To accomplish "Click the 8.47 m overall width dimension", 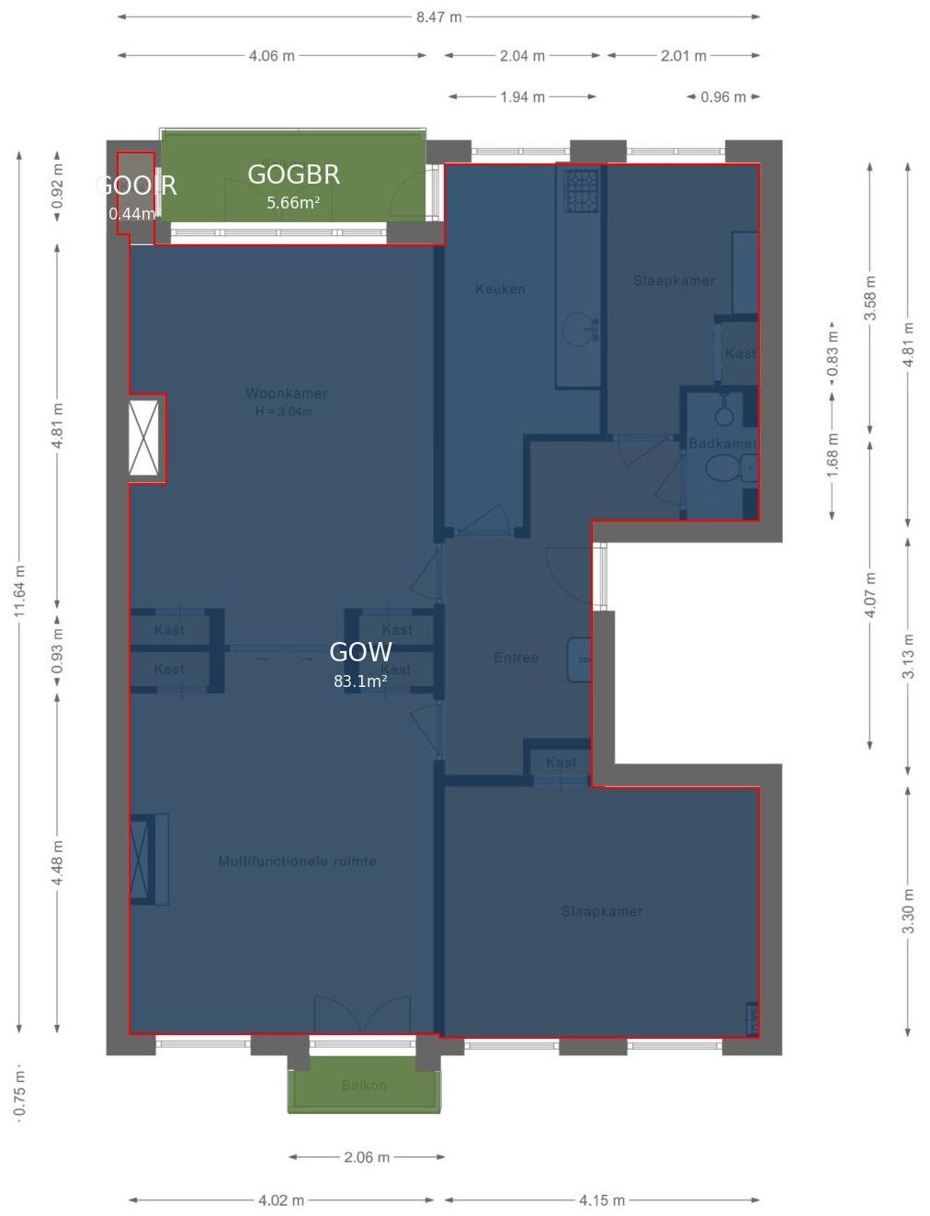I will (x=438, y=17).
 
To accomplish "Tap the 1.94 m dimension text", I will (x=522, y=96).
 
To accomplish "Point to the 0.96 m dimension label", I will (x=722, y=96).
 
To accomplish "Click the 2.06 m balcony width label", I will (x=367, y=1156).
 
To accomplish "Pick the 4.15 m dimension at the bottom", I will (x=601, y=1199).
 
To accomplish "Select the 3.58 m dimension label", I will (x=870, y=298).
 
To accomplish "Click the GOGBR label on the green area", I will (x=293, y=175).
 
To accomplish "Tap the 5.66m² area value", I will (x=293, y=203).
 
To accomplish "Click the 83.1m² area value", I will (x=359, y=681).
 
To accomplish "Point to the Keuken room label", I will (x=500, y=288).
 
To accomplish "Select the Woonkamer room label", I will (x=286, y=393).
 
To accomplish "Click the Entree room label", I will (x=516, y=658).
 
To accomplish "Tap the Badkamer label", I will (x=722, y=444).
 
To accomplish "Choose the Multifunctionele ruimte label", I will (x=297, y=861).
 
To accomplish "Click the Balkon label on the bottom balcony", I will (x=364, y=1086).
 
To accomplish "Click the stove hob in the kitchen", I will (x=581, y=190).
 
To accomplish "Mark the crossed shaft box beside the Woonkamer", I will (x=145, y=438).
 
